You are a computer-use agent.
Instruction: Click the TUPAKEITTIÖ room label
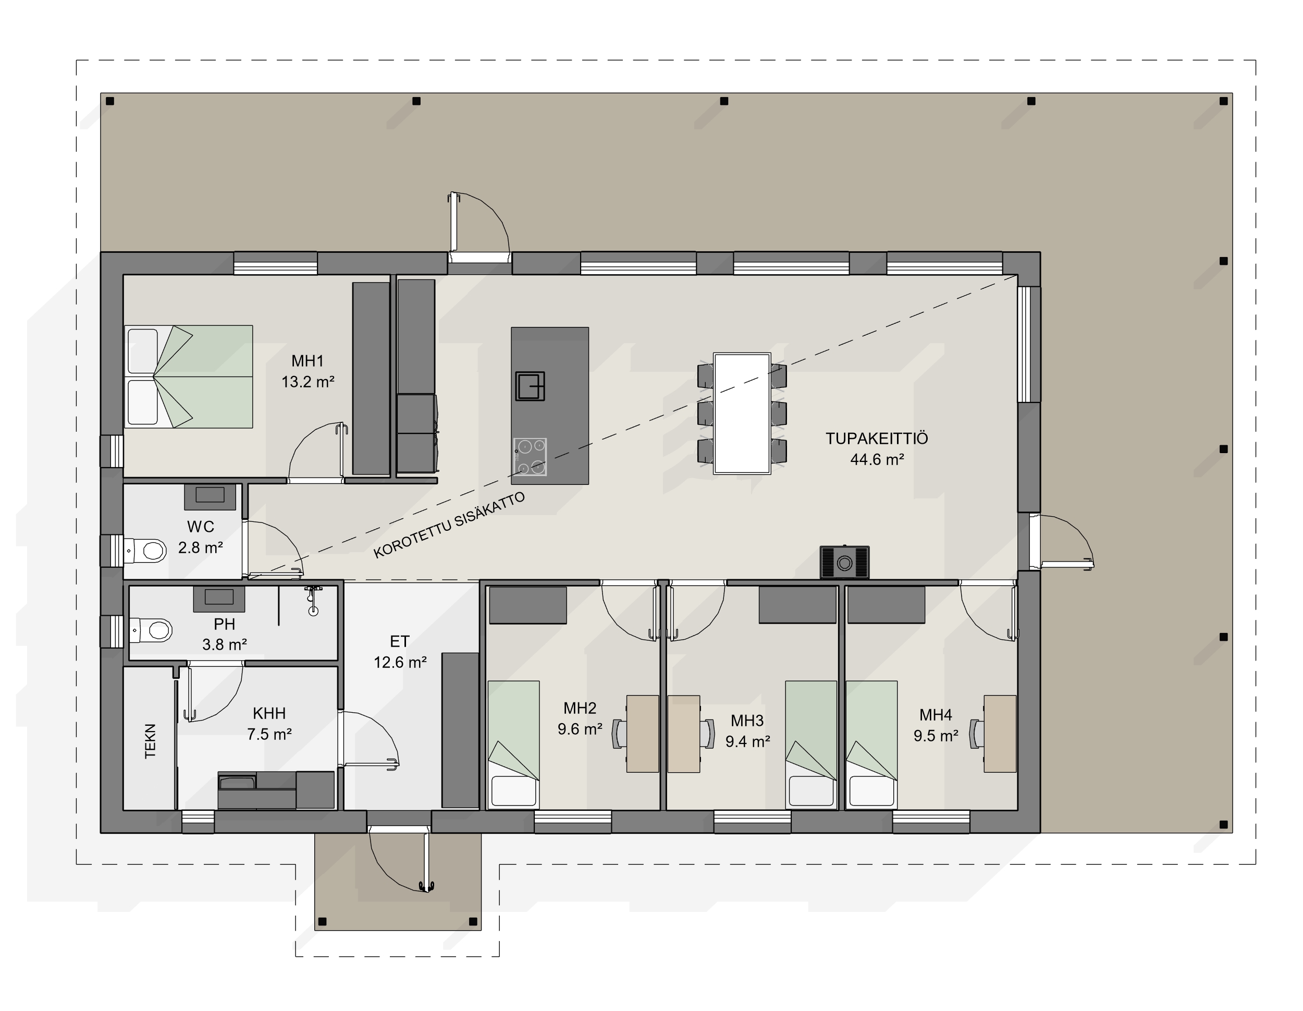[x=877, y=438]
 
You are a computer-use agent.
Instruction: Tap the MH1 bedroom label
[x=308, y=361]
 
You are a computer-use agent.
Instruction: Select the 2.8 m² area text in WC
[x=201, y=547]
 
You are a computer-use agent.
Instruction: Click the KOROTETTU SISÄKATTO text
[x=449, y=525]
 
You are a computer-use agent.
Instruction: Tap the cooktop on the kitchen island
[x=530, y=457]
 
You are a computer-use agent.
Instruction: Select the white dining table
[x=742, y=413]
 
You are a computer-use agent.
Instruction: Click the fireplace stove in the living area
[x=844, y=562]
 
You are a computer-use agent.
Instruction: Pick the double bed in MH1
[x=189, y=376]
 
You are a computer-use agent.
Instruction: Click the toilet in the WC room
[x=145, y=550]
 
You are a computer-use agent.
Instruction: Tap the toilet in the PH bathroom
[x=151, y=630]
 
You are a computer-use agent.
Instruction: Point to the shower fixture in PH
[x=313, y=600]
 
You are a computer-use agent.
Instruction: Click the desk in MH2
[x=643, y=734]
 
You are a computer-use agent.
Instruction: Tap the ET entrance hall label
[x=399, y=641]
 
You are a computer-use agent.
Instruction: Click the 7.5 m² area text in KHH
[x=269, y=734]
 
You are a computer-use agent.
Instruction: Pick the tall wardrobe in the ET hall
[x=460, y=730]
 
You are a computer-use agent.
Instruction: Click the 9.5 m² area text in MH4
[x=936, y=736]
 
